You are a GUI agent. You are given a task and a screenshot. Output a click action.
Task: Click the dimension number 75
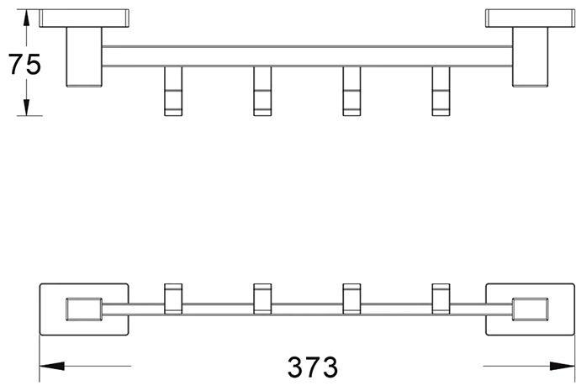tap(24, 64)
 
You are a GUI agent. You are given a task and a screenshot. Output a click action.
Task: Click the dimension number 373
tap(313, 367)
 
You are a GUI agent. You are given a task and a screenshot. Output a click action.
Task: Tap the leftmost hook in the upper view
tap(173, 91)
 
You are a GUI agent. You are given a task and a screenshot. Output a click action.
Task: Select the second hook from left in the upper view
tap(262, 91)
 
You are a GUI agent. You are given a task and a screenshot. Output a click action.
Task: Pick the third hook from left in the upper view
tap(351, 91)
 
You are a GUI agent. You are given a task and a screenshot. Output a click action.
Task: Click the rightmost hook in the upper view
tap(441, 91)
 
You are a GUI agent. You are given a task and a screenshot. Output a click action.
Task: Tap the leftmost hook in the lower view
tap(173, 299)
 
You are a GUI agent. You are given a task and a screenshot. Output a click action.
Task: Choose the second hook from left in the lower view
tap(262, 299)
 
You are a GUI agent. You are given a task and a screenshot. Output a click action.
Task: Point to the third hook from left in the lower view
tap(351, 299)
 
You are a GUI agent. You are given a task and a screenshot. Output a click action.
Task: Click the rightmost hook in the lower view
tap(441, 299)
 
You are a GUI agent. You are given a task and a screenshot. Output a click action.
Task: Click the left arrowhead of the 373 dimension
tap(52, 366)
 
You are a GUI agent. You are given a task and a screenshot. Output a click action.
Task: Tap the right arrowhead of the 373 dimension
tap(562, 366)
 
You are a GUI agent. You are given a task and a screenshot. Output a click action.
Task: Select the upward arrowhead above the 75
tap(26, 18)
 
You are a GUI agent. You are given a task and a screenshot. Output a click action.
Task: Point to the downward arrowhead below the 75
tap(26, 108)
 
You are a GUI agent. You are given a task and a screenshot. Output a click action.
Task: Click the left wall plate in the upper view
tap(84, 18)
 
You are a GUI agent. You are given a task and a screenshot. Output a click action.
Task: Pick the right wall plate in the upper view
tap(530, 18)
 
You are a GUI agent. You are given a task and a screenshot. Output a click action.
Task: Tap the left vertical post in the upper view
tap(84, 57)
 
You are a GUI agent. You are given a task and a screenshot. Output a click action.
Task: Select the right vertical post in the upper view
tap(530, 57)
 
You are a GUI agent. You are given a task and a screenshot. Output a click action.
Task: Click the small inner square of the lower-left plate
tap(84, 309)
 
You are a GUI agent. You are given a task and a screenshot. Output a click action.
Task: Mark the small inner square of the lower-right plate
tap(530, 309)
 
